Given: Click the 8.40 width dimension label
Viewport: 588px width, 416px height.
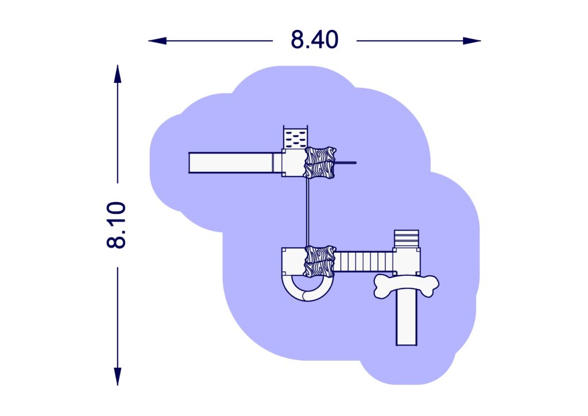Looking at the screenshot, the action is click(314, 40).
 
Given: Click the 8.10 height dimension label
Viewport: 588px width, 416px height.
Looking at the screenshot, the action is click(116, 225).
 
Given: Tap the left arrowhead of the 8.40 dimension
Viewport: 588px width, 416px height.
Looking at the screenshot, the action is click(157, 41).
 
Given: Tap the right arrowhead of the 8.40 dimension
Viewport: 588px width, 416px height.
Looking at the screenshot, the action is click(472, 41).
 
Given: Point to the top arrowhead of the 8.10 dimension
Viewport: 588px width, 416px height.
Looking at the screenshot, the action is click(118, 74).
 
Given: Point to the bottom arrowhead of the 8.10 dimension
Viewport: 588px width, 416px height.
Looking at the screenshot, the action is click(118, 376).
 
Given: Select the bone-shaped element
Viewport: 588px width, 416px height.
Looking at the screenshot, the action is click(406, 287).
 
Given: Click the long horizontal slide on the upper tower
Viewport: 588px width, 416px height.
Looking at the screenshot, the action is click(231, 163).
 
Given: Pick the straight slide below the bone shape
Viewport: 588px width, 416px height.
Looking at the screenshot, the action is click(407, 319).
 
